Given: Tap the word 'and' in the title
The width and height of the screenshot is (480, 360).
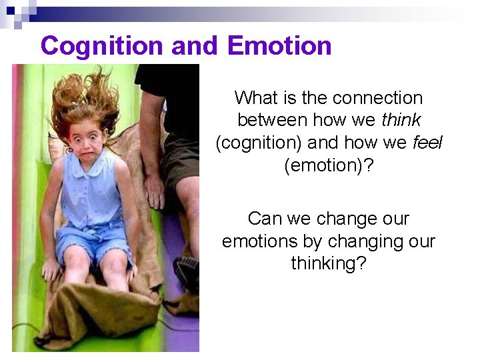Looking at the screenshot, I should [194, 46].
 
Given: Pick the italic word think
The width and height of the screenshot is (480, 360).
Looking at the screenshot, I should [401, 121].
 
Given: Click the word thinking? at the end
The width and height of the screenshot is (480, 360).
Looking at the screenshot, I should [329, 264].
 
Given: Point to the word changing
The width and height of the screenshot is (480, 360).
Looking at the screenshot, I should [352, 241].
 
